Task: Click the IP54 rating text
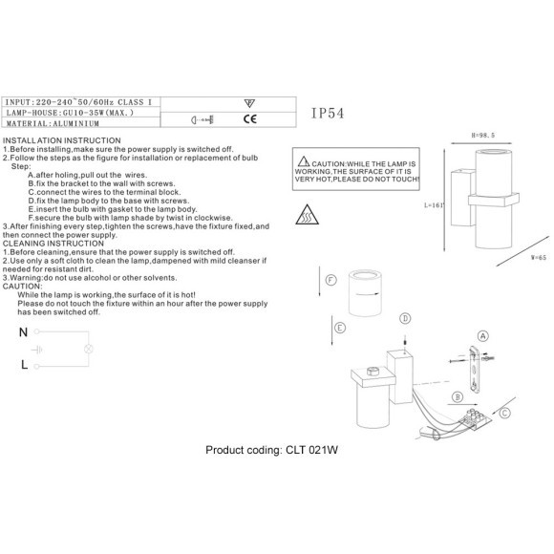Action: point(328,113)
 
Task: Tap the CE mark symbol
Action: point(250,119)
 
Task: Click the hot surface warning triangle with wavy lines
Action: point(307,215)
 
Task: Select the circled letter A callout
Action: point(482,336)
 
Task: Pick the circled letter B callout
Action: point(458,396)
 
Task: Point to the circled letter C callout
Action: point(505,413)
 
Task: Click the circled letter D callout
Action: point(405,318)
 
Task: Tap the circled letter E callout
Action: point(339,328)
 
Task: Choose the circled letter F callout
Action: point(330,280)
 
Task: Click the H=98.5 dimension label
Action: point(483,135)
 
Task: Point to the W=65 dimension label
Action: point(539,257)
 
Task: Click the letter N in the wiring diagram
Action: point(23,332)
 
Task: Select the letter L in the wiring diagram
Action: point(24,364)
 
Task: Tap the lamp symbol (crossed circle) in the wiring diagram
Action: point(88,349)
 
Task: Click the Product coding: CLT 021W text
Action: point(271,450)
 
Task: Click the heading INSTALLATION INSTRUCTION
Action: point(62,140)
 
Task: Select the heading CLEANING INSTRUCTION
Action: point(53,244)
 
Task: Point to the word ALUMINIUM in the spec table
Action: point(76,123)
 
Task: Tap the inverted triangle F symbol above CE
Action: point(249,103)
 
